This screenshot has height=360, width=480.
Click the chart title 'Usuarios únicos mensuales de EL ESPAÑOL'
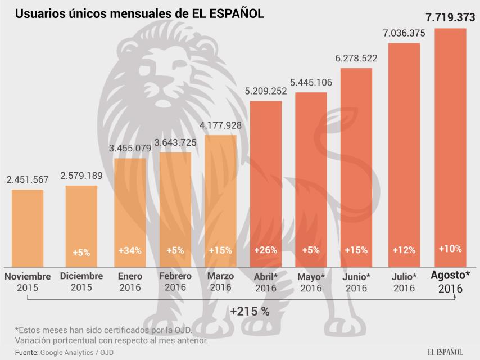(x=139, y=13)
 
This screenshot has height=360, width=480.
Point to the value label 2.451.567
(x=28, y=180)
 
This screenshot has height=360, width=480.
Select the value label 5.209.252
(x=265, y=89)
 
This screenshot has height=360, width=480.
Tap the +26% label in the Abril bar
(x=265, y=250)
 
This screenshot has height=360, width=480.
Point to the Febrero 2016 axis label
(x=175, y=282)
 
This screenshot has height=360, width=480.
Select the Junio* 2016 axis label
(x=356, y=282)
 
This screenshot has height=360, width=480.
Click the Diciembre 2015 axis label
(x=81, y=282)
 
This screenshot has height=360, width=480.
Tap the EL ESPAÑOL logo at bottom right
(x=445, y=352)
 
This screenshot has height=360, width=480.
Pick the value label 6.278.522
(x=356, y=58)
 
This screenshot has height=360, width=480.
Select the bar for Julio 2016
(x=404, y=152)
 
